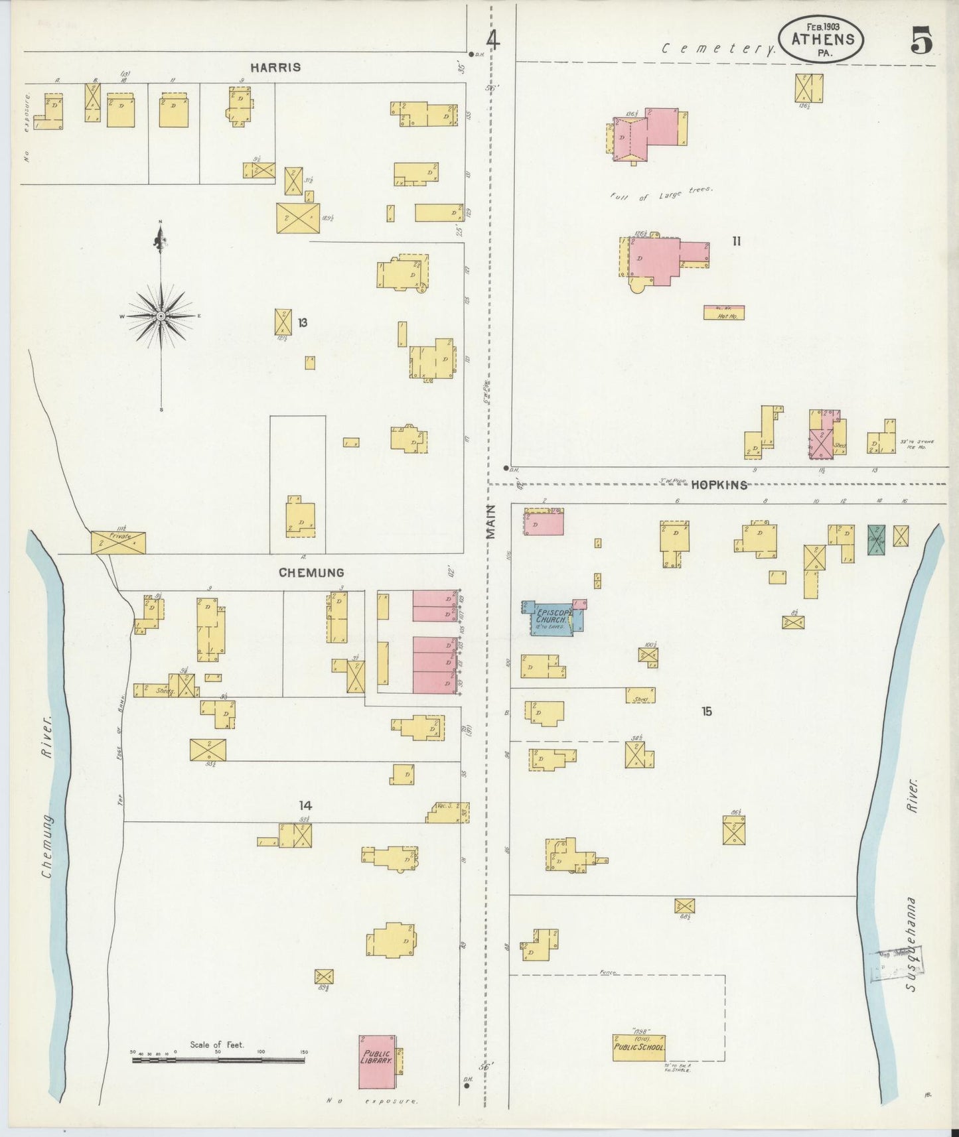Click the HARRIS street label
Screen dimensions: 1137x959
(275, 68)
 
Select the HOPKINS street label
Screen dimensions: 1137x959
(719, 485)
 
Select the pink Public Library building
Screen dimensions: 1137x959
(376, 1061)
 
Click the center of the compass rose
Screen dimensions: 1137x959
(161, 317)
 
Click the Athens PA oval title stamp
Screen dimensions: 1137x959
(822, 40)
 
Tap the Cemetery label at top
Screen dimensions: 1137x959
(721, 49)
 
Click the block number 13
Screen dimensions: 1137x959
(303, 323)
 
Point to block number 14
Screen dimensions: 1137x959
(305, 805)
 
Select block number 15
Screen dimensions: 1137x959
(707, 711)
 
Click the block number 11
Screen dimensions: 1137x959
(736, 241)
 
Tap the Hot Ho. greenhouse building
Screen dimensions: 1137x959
(723, 312)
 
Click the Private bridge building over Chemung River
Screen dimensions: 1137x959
(118, 542)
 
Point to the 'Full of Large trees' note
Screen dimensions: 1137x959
(660, 194)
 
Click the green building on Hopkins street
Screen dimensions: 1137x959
(876, 539)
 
